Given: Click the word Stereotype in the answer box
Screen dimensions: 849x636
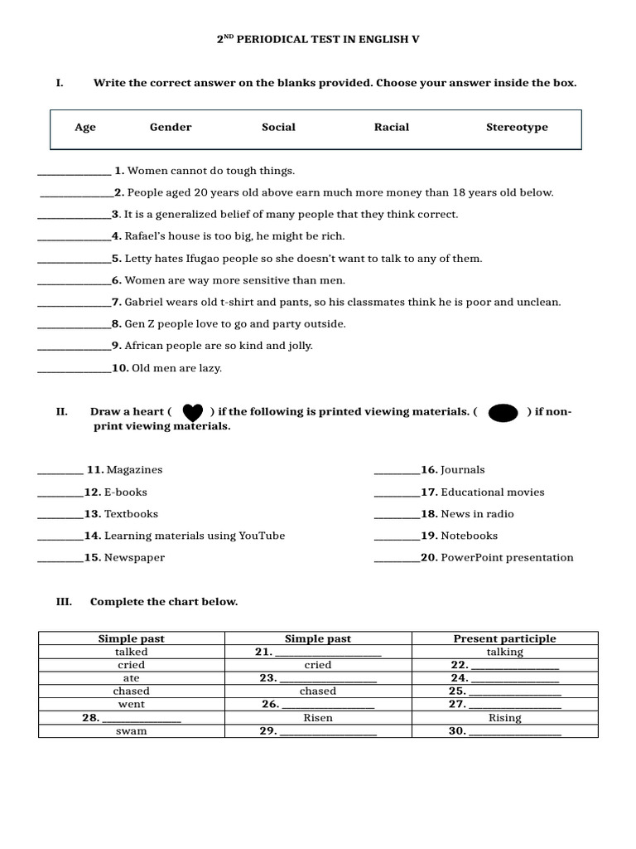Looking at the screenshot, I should (517, 127).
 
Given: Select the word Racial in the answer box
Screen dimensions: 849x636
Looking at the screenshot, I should (392, 127).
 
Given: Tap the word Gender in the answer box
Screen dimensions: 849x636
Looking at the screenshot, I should (171, 127).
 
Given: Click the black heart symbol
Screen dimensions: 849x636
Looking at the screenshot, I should (192, 412).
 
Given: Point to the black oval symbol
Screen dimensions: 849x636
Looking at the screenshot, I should (503, 413).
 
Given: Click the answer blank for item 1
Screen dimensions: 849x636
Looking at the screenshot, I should (75, 172).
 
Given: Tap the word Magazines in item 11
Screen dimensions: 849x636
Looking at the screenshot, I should (135, 470).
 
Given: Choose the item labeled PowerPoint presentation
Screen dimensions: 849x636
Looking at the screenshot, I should (507, 558).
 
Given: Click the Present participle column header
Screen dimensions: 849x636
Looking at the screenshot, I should (504, 638).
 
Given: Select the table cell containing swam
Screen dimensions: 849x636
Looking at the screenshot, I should (131, 731).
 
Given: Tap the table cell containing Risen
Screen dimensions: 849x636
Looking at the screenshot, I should (318, 718).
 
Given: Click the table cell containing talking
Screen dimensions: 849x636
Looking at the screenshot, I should (504, 652).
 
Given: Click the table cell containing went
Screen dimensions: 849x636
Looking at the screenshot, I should (131, 705).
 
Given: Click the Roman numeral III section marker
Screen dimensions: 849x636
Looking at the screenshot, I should (64, 602).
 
